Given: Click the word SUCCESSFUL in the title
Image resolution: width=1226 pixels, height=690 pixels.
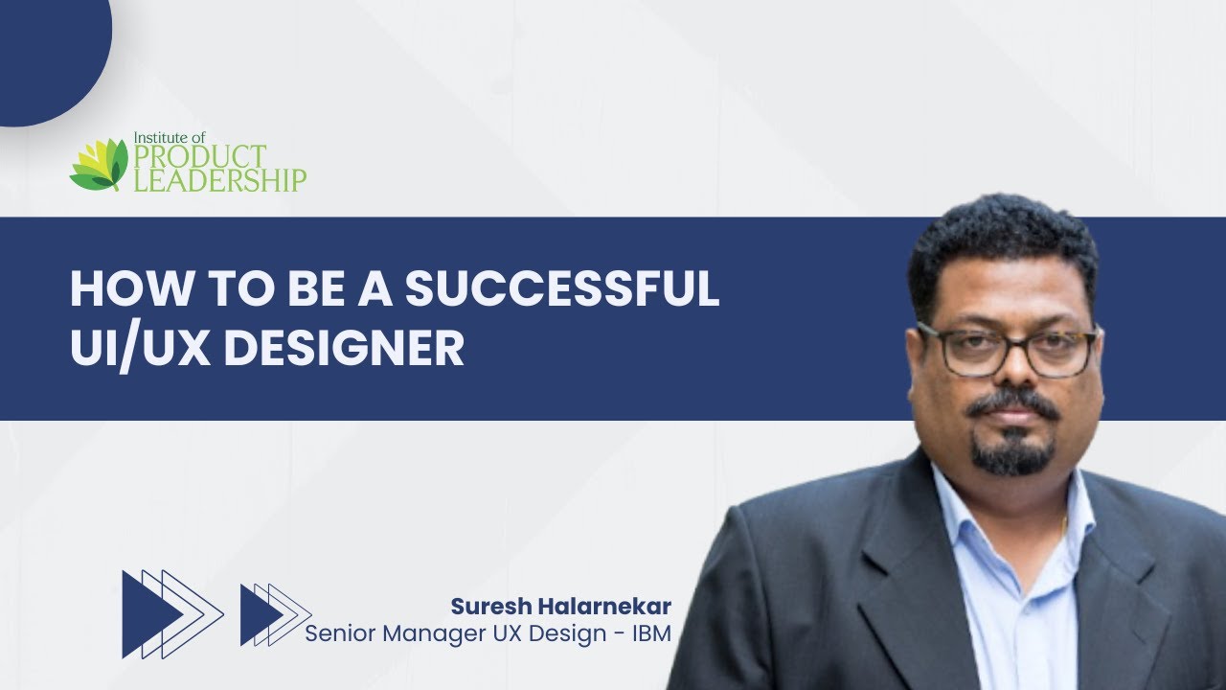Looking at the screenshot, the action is coord(562,288).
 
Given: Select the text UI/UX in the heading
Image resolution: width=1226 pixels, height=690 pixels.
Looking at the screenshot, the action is coord(141,349).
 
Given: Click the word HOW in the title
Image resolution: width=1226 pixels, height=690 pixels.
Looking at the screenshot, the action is coord(129,288).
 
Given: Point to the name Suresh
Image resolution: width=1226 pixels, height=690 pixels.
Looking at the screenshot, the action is coord(491,607).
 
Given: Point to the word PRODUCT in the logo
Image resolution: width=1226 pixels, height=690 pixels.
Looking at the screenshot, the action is coord(200,156).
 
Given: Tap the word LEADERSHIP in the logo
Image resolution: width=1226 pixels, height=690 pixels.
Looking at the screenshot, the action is coord(220,180).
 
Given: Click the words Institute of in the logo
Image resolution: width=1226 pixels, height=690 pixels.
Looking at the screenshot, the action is coord(170,137).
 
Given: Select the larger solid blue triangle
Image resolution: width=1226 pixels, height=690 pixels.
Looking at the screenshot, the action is coord(148,614).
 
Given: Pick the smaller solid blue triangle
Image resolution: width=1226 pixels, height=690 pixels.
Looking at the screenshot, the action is coord(259,614).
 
